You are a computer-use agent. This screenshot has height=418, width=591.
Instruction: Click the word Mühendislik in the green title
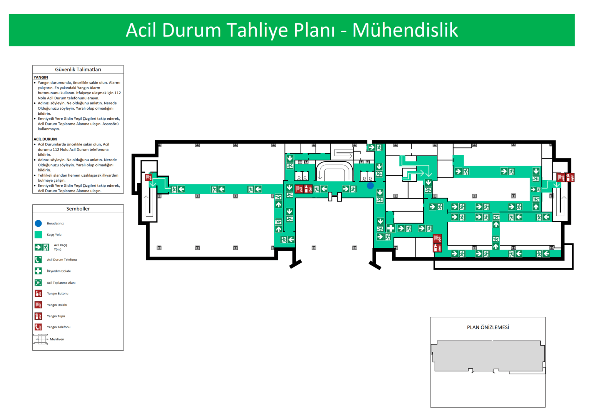pyautogui.click(x=405, y=30)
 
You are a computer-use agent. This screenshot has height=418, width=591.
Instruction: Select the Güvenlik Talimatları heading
pyautogui.click(x=78, y=70)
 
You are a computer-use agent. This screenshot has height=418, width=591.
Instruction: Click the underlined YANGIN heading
pyautogui.click(x=40, y=77)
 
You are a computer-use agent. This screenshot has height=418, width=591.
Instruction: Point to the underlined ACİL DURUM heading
pyautogui.click(x=45, y=139)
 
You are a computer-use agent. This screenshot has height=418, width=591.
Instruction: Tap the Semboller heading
pyautogui.click(x=78, y=209)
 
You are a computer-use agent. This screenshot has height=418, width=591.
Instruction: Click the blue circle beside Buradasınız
pyautogui.click(x=38, y=223)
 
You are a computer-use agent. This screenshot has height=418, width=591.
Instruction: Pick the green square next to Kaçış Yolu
pyautogui.click(x=38, y=234)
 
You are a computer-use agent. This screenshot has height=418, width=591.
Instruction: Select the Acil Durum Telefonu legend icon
pyautogui.click(x=38, y=259)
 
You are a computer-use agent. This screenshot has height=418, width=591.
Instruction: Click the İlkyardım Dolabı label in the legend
pyautogui.click(x=58, y=271)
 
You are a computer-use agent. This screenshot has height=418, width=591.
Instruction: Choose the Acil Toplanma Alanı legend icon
pyautogui.click(x=38, y=283)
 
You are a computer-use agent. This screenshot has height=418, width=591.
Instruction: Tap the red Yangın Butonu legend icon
pyautogui.click(x=38, y=293)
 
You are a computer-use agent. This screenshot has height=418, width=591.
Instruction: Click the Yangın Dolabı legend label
pyautogui.click(x=57, y=305)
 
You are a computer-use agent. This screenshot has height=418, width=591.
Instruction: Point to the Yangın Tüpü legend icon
pyautogui.click(x=38, y=316)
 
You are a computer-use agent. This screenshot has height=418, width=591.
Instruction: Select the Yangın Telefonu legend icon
pyautogui.click(x=38, y=327)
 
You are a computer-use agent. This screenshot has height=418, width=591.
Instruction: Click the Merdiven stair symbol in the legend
pyautogui.click(x=40, y=339)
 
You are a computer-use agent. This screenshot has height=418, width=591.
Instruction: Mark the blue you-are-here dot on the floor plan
pyautogui.click(x=370, y=186)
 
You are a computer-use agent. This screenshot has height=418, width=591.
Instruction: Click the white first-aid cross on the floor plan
pyautogui.click(x=391, y=228)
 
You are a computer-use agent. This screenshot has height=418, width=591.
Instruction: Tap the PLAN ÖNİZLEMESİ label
pyautogui.click(x=487, y=327)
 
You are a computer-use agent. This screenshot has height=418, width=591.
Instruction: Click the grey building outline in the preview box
pyautogui.click(x=487, y=356)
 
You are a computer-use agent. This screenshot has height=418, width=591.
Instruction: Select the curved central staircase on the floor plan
pyautogui.click(x=334, y=172)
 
